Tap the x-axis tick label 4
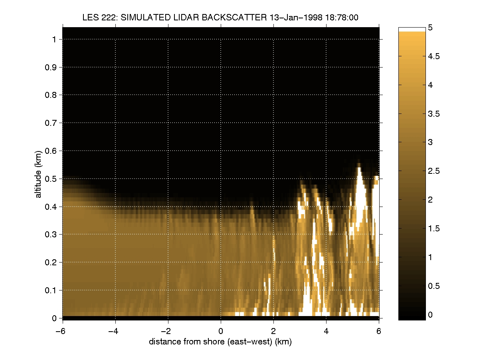326,330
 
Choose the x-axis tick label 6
379,330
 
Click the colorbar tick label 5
431,28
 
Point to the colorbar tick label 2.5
434,171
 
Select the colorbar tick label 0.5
434,286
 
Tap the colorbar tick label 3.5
434,114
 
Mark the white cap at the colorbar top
412,29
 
